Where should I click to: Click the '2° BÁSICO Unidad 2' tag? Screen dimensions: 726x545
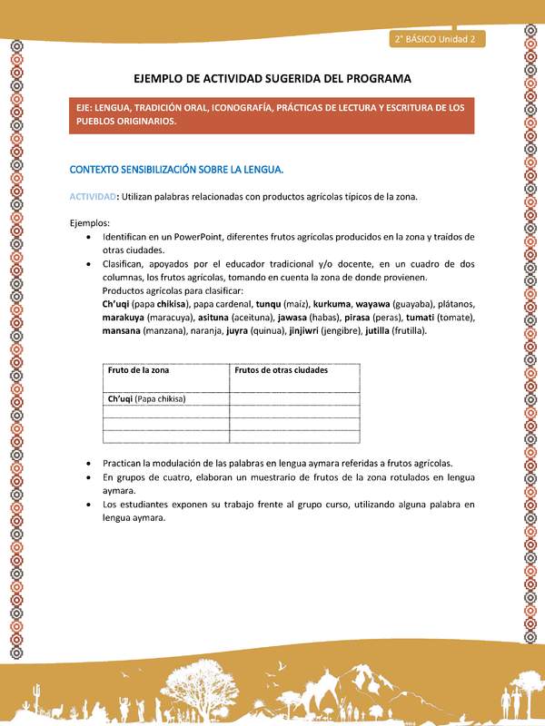pos(437,39)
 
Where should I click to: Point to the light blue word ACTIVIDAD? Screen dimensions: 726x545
pos(93,197)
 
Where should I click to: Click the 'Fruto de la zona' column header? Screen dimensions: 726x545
pos(138,370)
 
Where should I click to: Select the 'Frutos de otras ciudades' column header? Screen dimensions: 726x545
pos(281,370)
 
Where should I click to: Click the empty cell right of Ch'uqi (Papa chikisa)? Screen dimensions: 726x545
pos(293,398)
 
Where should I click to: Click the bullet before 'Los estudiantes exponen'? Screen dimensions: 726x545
pos(87,505)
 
